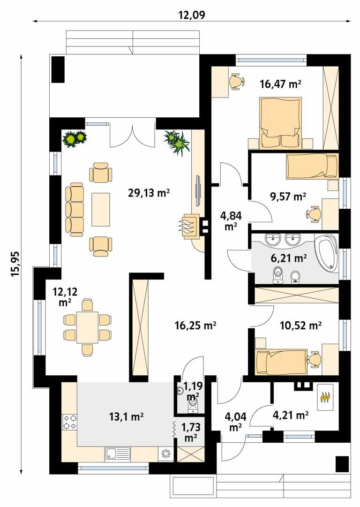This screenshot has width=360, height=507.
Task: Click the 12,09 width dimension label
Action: click(x=192, y=15)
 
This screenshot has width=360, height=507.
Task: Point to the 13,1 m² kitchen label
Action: click(x=126, y=416)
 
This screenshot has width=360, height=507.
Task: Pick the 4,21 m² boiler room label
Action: click(x=291, y=415)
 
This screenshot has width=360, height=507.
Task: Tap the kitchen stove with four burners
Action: click(x=70, y=422)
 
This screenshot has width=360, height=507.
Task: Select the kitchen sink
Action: click(x=118, y=454)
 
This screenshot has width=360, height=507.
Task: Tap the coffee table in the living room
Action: click(x=101, y=209)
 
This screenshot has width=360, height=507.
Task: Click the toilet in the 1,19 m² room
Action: click(x=193, y=407)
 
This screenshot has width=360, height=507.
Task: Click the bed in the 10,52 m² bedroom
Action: click(x=280, y=362)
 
